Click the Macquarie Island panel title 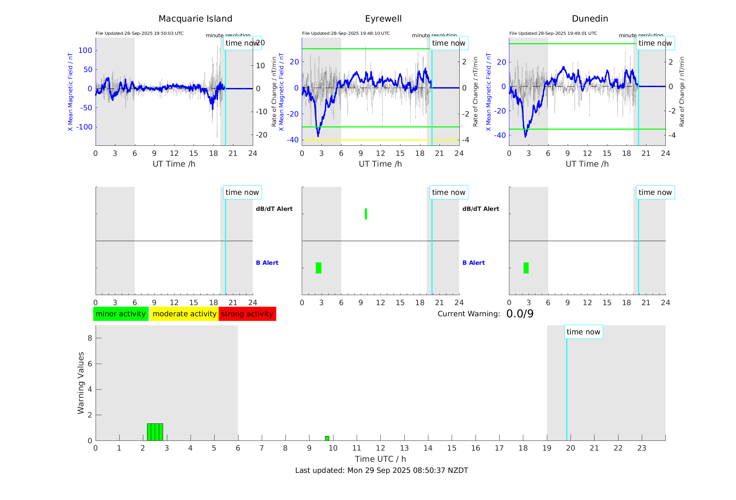pos(195,19)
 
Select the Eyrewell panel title pos(383,19)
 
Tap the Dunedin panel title pos(590,19)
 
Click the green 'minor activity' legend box pos(121,314)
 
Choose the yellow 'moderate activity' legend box pos(184,314)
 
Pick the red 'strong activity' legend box pos(247,314)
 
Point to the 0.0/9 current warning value pos(520,314)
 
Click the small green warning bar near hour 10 pos(327,438)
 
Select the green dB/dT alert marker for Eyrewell pos(366,214)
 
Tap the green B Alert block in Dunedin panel pos(526,268)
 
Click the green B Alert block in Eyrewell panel pos(318,268)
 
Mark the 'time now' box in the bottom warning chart pos(583,332)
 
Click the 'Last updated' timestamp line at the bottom pos(381,470)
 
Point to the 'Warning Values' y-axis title pos(81,383)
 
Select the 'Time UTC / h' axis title pos(380,459)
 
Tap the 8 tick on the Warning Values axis pos(90,338)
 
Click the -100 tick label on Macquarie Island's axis pos(84,127)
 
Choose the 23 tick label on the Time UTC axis pos(641,448)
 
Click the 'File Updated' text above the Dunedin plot pos(553,33)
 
